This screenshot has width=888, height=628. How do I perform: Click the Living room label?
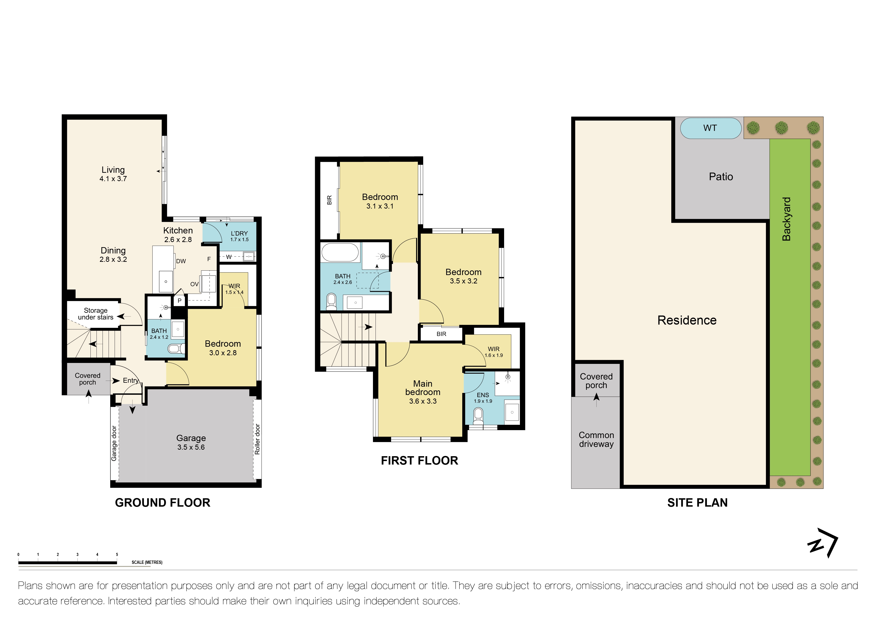click(113, 170)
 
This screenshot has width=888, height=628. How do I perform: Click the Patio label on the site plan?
click(721, 177)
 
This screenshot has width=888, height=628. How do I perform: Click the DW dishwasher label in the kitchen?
click(181, 261)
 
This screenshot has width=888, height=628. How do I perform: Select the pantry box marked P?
click(180, 300)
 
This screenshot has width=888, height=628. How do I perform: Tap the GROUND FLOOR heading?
click(163, 503)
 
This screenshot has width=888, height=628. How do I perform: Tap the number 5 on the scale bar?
click(117, 555)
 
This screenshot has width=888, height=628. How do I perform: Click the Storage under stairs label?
click(96, 314)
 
